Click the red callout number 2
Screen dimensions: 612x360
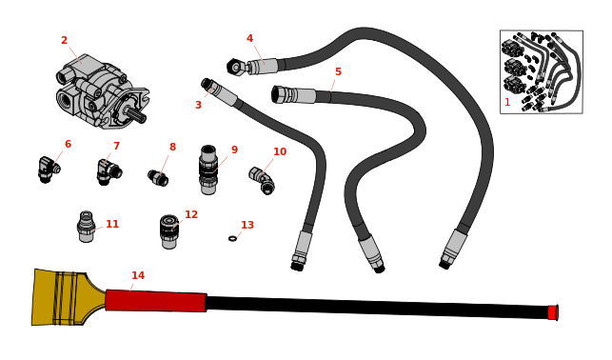[x=64, y=41]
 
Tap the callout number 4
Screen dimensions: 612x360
[x=249, y=39]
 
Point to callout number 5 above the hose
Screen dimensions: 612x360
[x=337, y=72]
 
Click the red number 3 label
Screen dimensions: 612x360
[x=198, y=106]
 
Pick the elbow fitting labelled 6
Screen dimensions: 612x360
[x=47, y=170]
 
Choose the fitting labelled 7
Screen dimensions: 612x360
[x=107, y=172]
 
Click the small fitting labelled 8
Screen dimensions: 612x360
[x=158, y=177]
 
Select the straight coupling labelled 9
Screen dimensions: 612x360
[x=208, y=170]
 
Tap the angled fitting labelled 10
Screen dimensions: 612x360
[x=262, y=180]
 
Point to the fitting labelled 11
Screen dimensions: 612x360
[x=87, y=228]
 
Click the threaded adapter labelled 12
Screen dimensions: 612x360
[x=169, y=230]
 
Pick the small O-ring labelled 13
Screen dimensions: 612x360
[x=232, y=238]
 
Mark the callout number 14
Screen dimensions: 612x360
[x=138, y=276]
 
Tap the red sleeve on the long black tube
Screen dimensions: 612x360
[x=155, y=301]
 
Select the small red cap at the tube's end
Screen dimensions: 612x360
[x=551, y=312]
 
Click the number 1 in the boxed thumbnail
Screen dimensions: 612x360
[x=507, y=102]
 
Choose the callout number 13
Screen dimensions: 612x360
[x=247, y=226]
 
